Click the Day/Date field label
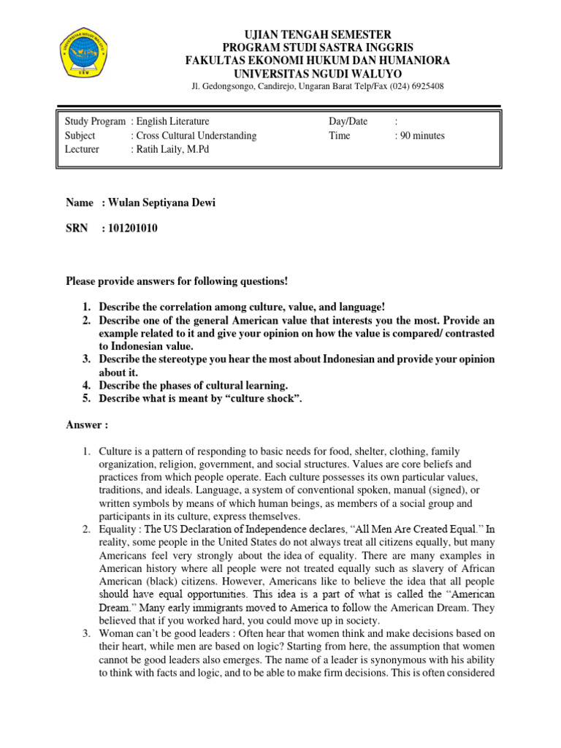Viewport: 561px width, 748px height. [348, 122]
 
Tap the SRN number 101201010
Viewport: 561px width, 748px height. [131, 229]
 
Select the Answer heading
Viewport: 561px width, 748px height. [87, 424]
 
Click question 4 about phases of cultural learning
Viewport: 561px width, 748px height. [194, 385]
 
